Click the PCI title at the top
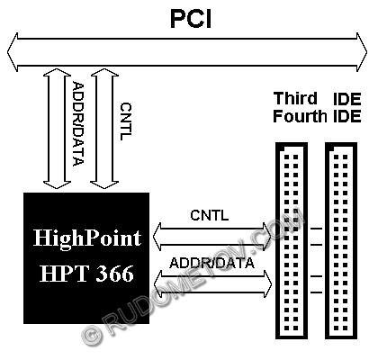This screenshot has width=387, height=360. [x=191, y=19]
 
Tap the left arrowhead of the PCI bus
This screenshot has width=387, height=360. [x=13, y=52]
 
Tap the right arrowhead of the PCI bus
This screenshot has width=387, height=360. [x=362, y=52]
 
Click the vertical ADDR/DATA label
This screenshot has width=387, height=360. [x=78, y=123]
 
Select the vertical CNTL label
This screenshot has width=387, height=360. [x=126, y=121]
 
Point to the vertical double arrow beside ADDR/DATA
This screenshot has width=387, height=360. [x=57, y=129]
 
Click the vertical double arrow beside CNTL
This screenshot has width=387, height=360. [x=104, y=129]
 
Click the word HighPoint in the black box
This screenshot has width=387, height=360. [x=87, y=238]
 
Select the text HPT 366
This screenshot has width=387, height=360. [x=86, y=274]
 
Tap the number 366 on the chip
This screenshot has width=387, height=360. [x=114, y=274]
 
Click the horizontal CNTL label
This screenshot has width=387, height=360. [x=210, y=215]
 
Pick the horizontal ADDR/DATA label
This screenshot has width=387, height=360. [x=211, y=263]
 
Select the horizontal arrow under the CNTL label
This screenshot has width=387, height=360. [x=212, y=237]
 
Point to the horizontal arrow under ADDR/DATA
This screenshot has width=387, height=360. [x=212, y=284]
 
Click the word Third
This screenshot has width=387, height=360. [x=295, y=98]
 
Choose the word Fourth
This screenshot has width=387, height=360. [x=300, y=116]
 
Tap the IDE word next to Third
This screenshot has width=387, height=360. [x=347, y=99]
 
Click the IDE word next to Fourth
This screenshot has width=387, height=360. [x=347, y=116]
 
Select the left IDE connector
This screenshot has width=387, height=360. [x=292, y=241]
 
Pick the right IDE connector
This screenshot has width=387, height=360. [x=341, y=241]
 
